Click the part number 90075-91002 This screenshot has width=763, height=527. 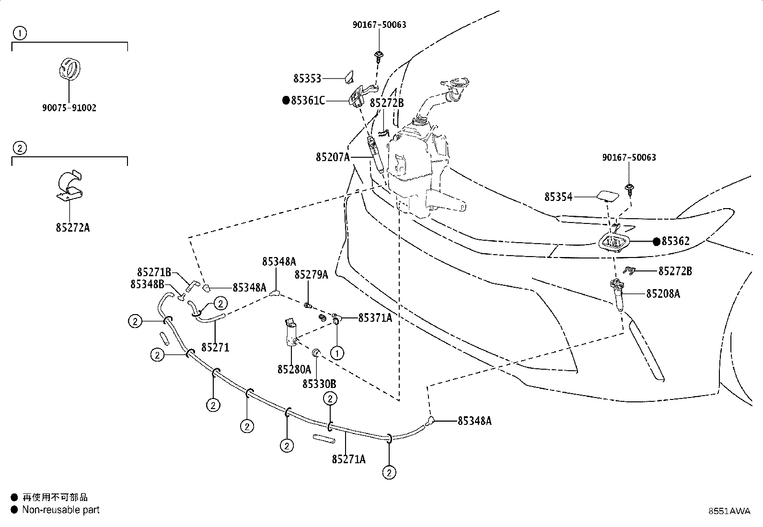pyautogui.click(x=69, y=108)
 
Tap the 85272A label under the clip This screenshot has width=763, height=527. pyautogui.click(x=72, y=228)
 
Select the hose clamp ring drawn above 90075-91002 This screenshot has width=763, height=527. pyautogui.click(x=69, y=69)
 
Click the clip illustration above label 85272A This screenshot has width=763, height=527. pyautogui.click(x=70, y=186)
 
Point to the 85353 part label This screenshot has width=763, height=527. pyautogui.click(x=307, y=79)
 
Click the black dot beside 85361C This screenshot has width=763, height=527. pyautogui.click(x=286, y=101)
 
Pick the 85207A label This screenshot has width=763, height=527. pyautogui.click(x=333, y=157)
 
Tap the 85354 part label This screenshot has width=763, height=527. pyautogui.click(x=558, y=197)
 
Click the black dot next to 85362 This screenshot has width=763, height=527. pyautogui.click(x=657, y=242)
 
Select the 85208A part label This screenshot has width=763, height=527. pyautogui.click(x=663, y=293)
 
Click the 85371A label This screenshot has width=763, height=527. pyautogui.click(x=375, y=318)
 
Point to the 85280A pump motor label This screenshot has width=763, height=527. pyautogui.click(x=294, y=369)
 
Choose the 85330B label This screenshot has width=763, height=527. pyautogui.click(x=319, y=384)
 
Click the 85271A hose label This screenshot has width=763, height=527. pyautogui.click(x=349, y=459)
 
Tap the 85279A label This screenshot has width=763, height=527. pyautogui.click(x=312, y=275)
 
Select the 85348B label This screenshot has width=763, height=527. pyautogui.click(x=147, y=284)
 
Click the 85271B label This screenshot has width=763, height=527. pyautogui.click(x=154, y=272)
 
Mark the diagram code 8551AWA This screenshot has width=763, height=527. pyautogui.click(x=729, y=511)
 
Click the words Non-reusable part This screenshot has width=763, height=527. pyautogui.click(x=61, y=510)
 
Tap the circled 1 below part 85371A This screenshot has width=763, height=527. pyautogui.click(x=337, y=353)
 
